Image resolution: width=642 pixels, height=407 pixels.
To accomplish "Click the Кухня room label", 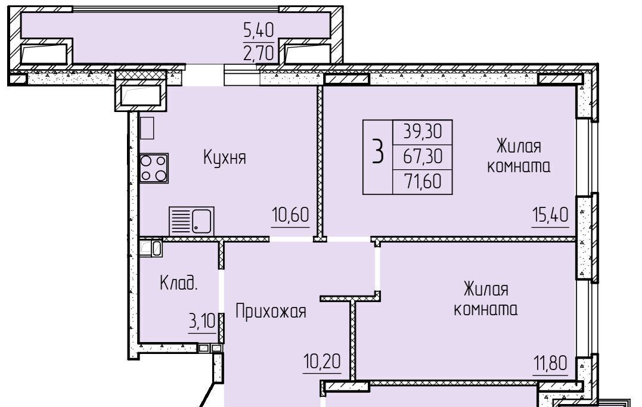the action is [225, 157].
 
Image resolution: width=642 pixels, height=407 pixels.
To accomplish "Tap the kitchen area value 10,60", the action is [290, 214].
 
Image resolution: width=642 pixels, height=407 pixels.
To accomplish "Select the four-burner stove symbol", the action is [154, 168].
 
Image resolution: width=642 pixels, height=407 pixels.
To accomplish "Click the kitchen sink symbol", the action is [191, 221].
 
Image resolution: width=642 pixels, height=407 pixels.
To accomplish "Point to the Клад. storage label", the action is [178, 282].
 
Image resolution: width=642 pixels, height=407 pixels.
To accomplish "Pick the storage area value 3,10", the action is [201, 321].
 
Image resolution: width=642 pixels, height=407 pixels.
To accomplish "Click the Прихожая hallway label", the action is [271, 312].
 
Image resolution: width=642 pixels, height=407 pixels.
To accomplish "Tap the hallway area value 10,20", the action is [322, 361].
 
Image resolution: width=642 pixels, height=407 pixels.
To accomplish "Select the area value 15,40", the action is [550, 215].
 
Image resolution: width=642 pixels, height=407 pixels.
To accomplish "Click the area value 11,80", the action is [550, 363].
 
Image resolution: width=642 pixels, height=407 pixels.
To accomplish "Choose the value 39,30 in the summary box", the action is [423, 132].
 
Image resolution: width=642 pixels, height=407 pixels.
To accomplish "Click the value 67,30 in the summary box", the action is [423, 156].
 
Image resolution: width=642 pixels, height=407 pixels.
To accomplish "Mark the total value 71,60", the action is [423, 181].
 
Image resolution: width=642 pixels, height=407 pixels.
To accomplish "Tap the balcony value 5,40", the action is [258, 30].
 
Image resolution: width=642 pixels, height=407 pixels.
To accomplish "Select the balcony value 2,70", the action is [258, 53].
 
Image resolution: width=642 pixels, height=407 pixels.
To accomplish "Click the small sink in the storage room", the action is [150, 248].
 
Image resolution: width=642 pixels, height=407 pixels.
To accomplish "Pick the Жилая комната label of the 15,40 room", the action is [519, 156].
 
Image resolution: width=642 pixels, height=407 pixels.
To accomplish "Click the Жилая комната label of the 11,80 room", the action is [486, 299].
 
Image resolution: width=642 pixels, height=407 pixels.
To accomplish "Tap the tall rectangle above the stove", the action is [147, 128].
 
